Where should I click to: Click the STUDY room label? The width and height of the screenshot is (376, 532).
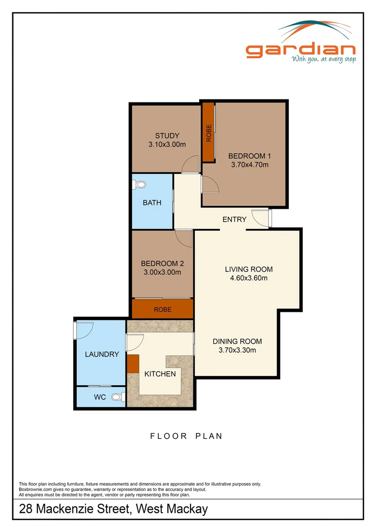click(167, 136)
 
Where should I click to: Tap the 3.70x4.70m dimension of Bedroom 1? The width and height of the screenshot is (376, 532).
click(250, 165)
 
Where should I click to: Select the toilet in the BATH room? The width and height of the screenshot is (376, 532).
click(139, 185)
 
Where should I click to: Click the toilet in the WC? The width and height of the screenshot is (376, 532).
click(118, 397)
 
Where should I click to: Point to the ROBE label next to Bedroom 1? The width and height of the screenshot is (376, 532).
click(209, 133)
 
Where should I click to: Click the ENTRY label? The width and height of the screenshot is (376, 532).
click(234, 220)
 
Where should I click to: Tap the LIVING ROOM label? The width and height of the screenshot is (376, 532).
click(249, 269)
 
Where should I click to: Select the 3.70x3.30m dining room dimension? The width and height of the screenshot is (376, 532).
click(237, 350)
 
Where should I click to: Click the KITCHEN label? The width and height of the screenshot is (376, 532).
click(160, 374)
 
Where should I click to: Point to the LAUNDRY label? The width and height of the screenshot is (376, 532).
click(102, 354)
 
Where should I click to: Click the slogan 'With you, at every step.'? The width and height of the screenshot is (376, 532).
click(324, 60)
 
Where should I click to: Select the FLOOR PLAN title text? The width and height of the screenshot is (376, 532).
click(186, 436)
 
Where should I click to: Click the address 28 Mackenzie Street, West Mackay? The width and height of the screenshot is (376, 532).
click(113, 509)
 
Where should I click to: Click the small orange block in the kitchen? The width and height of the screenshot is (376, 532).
click(132, 364)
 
